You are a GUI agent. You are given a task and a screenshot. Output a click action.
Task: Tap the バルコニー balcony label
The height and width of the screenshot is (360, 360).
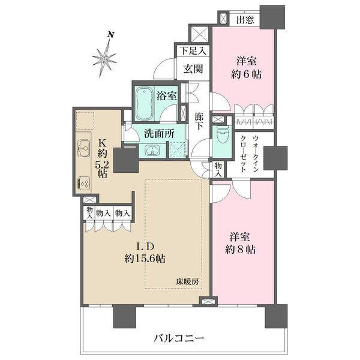pos(179,338)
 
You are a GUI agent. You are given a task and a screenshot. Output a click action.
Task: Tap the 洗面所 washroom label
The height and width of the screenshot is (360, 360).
pos(160,134)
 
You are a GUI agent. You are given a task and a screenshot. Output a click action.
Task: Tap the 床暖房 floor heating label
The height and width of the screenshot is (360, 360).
pos(187,281)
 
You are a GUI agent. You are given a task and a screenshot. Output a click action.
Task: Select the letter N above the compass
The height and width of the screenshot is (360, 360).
pos(110,35)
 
